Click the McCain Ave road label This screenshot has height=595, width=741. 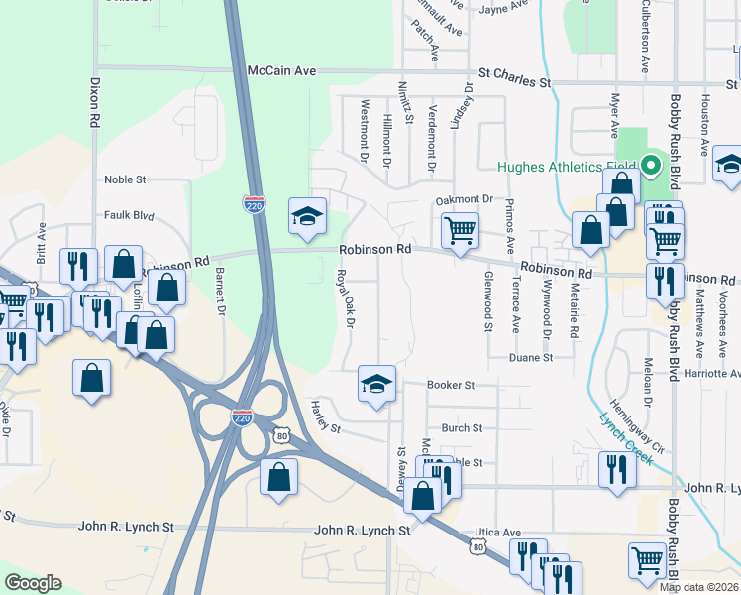tap(280, 70)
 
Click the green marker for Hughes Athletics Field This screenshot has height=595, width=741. tap(651, 166)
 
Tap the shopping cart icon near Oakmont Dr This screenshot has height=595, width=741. tap(460, 232)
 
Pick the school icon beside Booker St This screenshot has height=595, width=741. tap(376, 384)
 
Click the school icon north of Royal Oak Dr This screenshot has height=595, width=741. tap(307, 216)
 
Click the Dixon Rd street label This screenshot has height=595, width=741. tap(95, 103)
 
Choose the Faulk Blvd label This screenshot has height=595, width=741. tap(130, 214)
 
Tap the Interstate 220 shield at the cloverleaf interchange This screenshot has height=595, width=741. tap(242, 418)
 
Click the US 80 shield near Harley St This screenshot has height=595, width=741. tap(283, 434)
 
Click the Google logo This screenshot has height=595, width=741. tap(34, 583)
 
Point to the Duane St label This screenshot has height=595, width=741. tap(531, 357)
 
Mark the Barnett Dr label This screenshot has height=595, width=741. tap(221, 295)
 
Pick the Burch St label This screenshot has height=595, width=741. tap(462, 428)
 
